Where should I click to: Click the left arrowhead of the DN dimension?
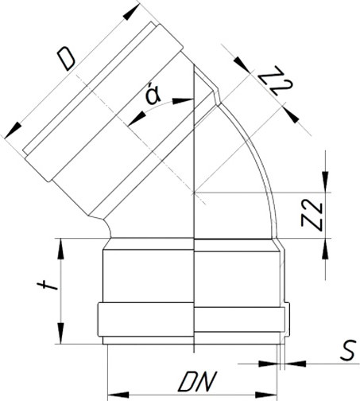coord(112,392)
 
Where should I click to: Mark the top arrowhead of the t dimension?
coord(61,243)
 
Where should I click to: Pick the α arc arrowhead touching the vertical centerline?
coord(189,100)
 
